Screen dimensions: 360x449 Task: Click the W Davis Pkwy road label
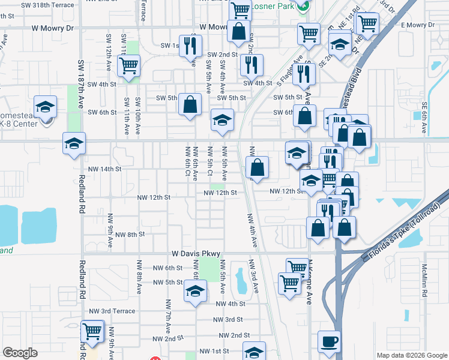click(x=196, y=254)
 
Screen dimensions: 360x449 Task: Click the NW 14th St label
click(x=104, y=169)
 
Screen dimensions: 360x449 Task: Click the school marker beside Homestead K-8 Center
click(x=45, y=107)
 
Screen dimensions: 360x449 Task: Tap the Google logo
click(x=20, y=352)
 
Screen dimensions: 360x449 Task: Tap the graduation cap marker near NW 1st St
click(x=254, y=352)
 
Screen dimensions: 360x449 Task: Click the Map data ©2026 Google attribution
click(x=411, y=355)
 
